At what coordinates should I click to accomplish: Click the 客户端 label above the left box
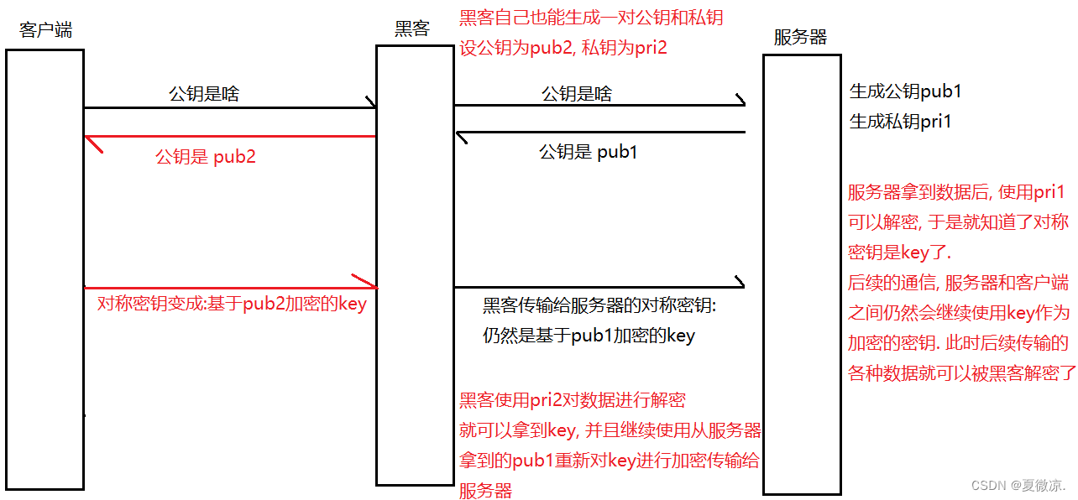[x=45, y=31]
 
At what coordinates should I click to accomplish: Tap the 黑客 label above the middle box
[x=412, y=29]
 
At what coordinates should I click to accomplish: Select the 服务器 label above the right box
[x=800, y=38]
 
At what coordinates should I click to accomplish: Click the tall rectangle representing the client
[x=44, y=268]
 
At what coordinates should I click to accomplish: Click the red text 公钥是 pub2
[x=206, y=157]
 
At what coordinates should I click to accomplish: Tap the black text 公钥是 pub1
[x=588, y=153]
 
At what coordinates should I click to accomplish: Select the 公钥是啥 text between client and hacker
[x=204, y=94]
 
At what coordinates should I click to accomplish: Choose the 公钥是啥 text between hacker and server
[x=577, y=94]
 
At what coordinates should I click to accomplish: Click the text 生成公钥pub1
[x=905, y=91]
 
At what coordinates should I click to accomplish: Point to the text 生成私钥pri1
[x=901, y=122]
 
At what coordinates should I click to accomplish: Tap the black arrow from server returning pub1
[x=600, y=133]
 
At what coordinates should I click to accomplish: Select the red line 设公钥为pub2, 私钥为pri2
[x=563, y=48]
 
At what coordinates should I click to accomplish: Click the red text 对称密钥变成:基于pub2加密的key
[x=232, y=305]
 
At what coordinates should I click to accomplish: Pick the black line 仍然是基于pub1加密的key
[x=589, y=336]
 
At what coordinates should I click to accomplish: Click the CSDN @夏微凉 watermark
[x=1018, y=486]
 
